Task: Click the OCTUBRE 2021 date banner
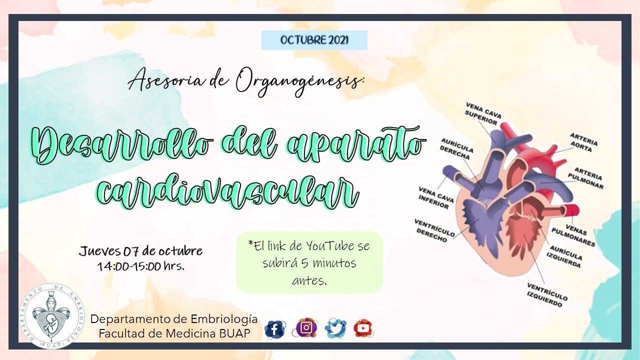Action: click(314, 40)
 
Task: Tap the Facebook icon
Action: click(274, 328)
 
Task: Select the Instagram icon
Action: click(306, 327)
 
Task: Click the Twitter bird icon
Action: click(335, 328)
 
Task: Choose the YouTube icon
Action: click(363, 328)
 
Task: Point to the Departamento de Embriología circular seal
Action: click(51, 315)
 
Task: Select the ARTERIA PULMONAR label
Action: click(588, 178)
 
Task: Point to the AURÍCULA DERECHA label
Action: click(456, 149)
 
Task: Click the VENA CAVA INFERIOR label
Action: click(436, 198)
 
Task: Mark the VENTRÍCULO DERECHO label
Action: click(434, 230)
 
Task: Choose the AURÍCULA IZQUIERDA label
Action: click(565, 256)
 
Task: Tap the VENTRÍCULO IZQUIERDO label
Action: click(547, 294)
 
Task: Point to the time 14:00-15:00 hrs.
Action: click(141, 266)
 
